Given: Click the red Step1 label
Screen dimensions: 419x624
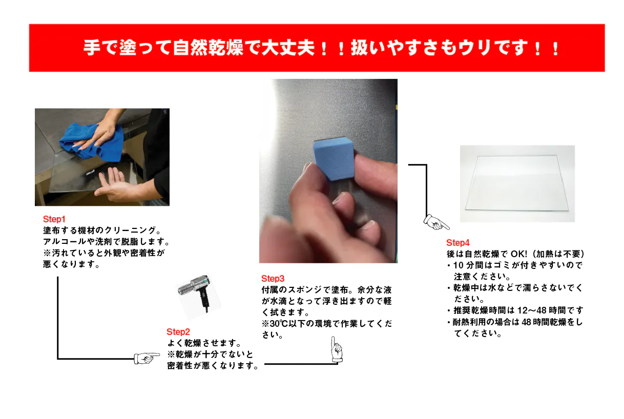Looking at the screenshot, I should pyautogui.click(x=54, y=219).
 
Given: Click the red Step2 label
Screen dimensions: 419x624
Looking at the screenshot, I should pyautogui.click(x=178, y=332).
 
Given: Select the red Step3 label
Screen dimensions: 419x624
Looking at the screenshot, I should pyautogui.click(x=273, y=279).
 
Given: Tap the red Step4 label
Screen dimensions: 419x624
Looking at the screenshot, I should pyautogui.click(x=457, y=243).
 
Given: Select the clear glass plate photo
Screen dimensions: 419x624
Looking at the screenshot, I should pyautogui.click(x=517, y=183).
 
